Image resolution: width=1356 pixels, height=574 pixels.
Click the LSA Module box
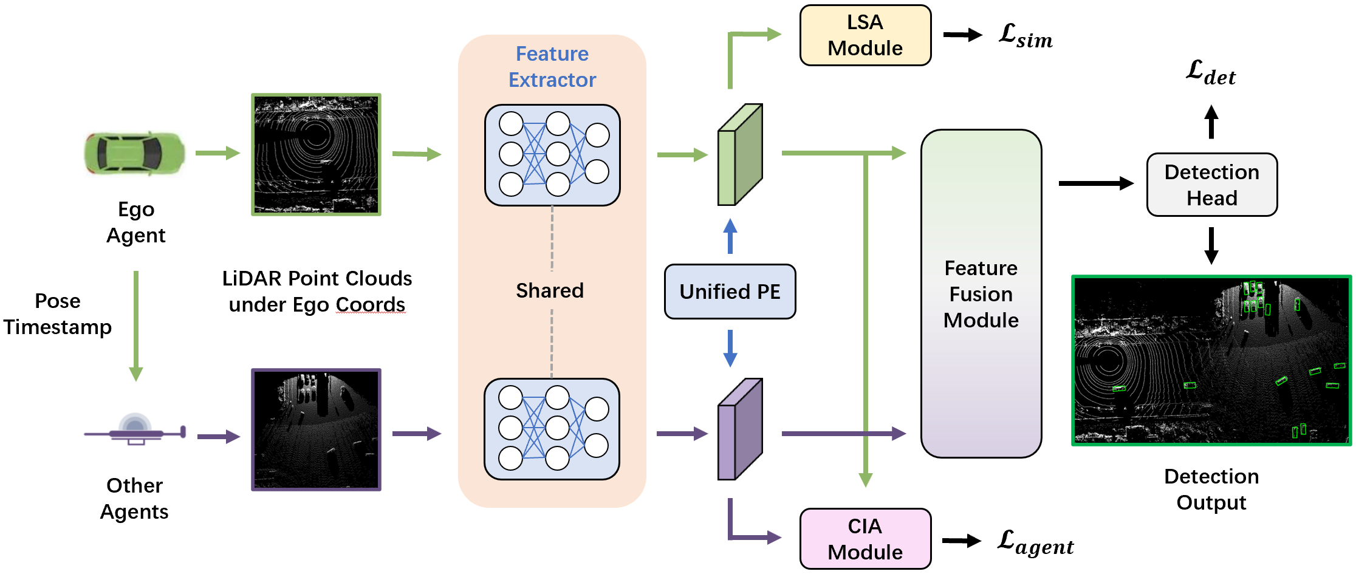(865, 35)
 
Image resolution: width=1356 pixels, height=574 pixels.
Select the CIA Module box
(865, 539)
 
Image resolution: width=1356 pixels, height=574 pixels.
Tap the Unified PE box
(730, 292)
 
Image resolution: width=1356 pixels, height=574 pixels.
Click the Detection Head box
(1211, 185)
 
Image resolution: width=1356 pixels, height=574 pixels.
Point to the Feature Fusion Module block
(981, 293)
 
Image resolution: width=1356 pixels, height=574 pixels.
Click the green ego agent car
(134, 154)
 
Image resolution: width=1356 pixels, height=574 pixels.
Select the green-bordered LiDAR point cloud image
(316, 154)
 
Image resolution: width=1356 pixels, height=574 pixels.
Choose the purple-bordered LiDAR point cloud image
(316, 429)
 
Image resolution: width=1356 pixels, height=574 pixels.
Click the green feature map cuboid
(739, 155)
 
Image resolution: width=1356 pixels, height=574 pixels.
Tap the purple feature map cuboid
(739, 430)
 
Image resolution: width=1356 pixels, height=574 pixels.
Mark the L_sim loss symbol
(1025, 36)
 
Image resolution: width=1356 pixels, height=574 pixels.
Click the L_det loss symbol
(1210, 73)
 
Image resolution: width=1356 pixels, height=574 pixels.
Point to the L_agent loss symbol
(1035, 542)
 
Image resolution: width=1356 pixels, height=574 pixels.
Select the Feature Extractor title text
(552, 67)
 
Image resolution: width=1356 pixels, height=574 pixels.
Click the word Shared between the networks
(550, 290)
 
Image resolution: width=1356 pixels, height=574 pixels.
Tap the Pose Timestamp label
(58, 314)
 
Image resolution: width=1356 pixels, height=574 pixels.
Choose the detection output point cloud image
(1211, 360)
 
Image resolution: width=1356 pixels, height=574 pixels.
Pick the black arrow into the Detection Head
(1095, 183)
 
